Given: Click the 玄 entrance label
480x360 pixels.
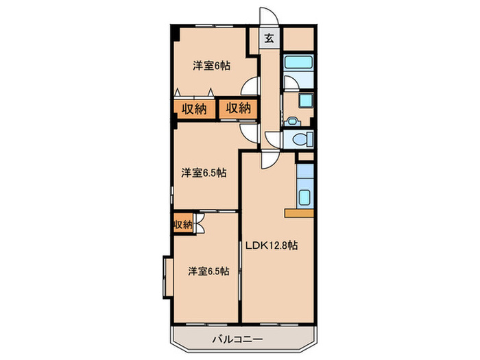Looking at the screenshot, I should (x=269, y=38).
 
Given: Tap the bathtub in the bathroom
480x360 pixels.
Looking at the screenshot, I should (x=298, y=64).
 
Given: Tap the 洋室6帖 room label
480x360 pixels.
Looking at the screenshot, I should (x=211, y=66).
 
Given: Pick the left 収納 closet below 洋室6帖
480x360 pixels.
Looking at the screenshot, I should (x=194, y=108).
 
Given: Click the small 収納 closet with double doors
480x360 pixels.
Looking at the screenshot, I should (x=182, y=224).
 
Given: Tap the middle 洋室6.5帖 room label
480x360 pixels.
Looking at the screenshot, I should (x=204, y=173).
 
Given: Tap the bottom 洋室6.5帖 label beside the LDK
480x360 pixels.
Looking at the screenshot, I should (x=209, y=270).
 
